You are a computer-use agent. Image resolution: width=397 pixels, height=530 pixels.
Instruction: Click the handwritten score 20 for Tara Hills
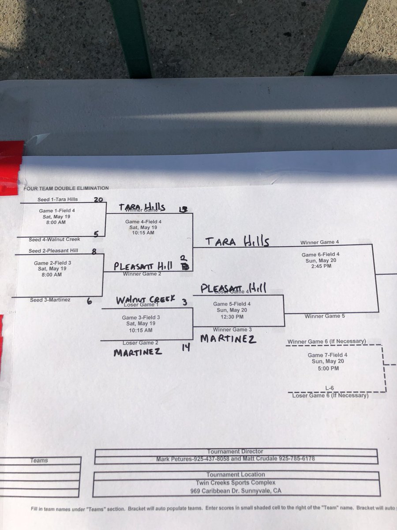point(98,200)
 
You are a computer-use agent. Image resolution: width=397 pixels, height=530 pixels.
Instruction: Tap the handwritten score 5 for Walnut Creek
point(96,234)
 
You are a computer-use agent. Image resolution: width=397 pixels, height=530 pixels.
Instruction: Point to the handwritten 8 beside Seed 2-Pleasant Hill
point(94,251)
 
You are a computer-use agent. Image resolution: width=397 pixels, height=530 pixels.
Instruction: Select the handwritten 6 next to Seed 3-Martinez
point(90,302)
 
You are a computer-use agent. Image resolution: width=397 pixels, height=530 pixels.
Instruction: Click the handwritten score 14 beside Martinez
point(186,348)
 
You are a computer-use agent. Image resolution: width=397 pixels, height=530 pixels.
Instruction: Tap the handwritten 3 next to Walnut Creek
point(185,302)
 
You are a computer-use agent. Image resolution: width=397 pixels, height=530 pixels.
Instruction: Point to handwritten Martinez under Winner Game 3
point(228,339)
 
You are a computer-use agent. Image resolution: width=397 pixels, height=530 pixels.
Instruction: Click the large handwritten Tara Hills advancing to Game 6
point(237,241)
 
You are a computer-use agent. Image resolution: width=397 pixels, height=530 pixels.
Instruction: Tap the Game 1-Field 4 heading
point(57,211)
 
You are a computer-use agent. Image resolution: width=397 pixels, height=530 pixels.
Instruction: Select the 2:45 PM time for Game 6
point(320,266)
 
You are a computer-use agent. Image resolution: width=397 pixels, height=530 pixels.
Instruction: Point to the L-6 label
point(330,388)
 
